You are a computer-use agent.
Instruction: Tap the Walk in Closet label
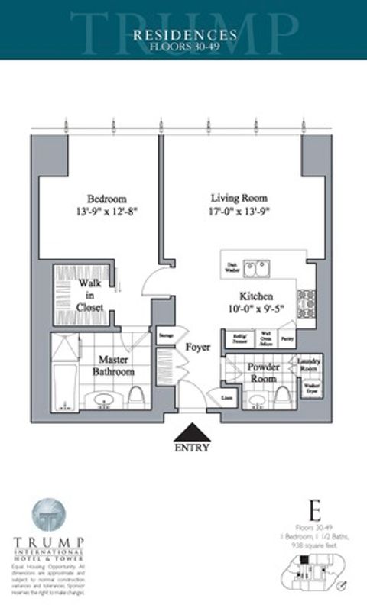pyautogui.click(x=90, y=295)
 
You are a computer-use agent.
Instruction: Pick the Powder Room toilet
pyautogui.click(x=282, y=395)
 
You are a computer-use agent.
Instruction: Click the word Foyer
pyautogui.click(x=197, y=347)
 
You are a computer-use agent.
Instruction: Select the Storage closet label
pyautogui.click(x=165, y=335)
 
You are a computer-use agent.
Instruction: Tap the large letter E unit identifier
pyautogui.click(x=313, y=509)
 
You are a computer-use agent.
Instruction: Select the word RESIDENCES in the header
pyautogui.click(x=184, y=34)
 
